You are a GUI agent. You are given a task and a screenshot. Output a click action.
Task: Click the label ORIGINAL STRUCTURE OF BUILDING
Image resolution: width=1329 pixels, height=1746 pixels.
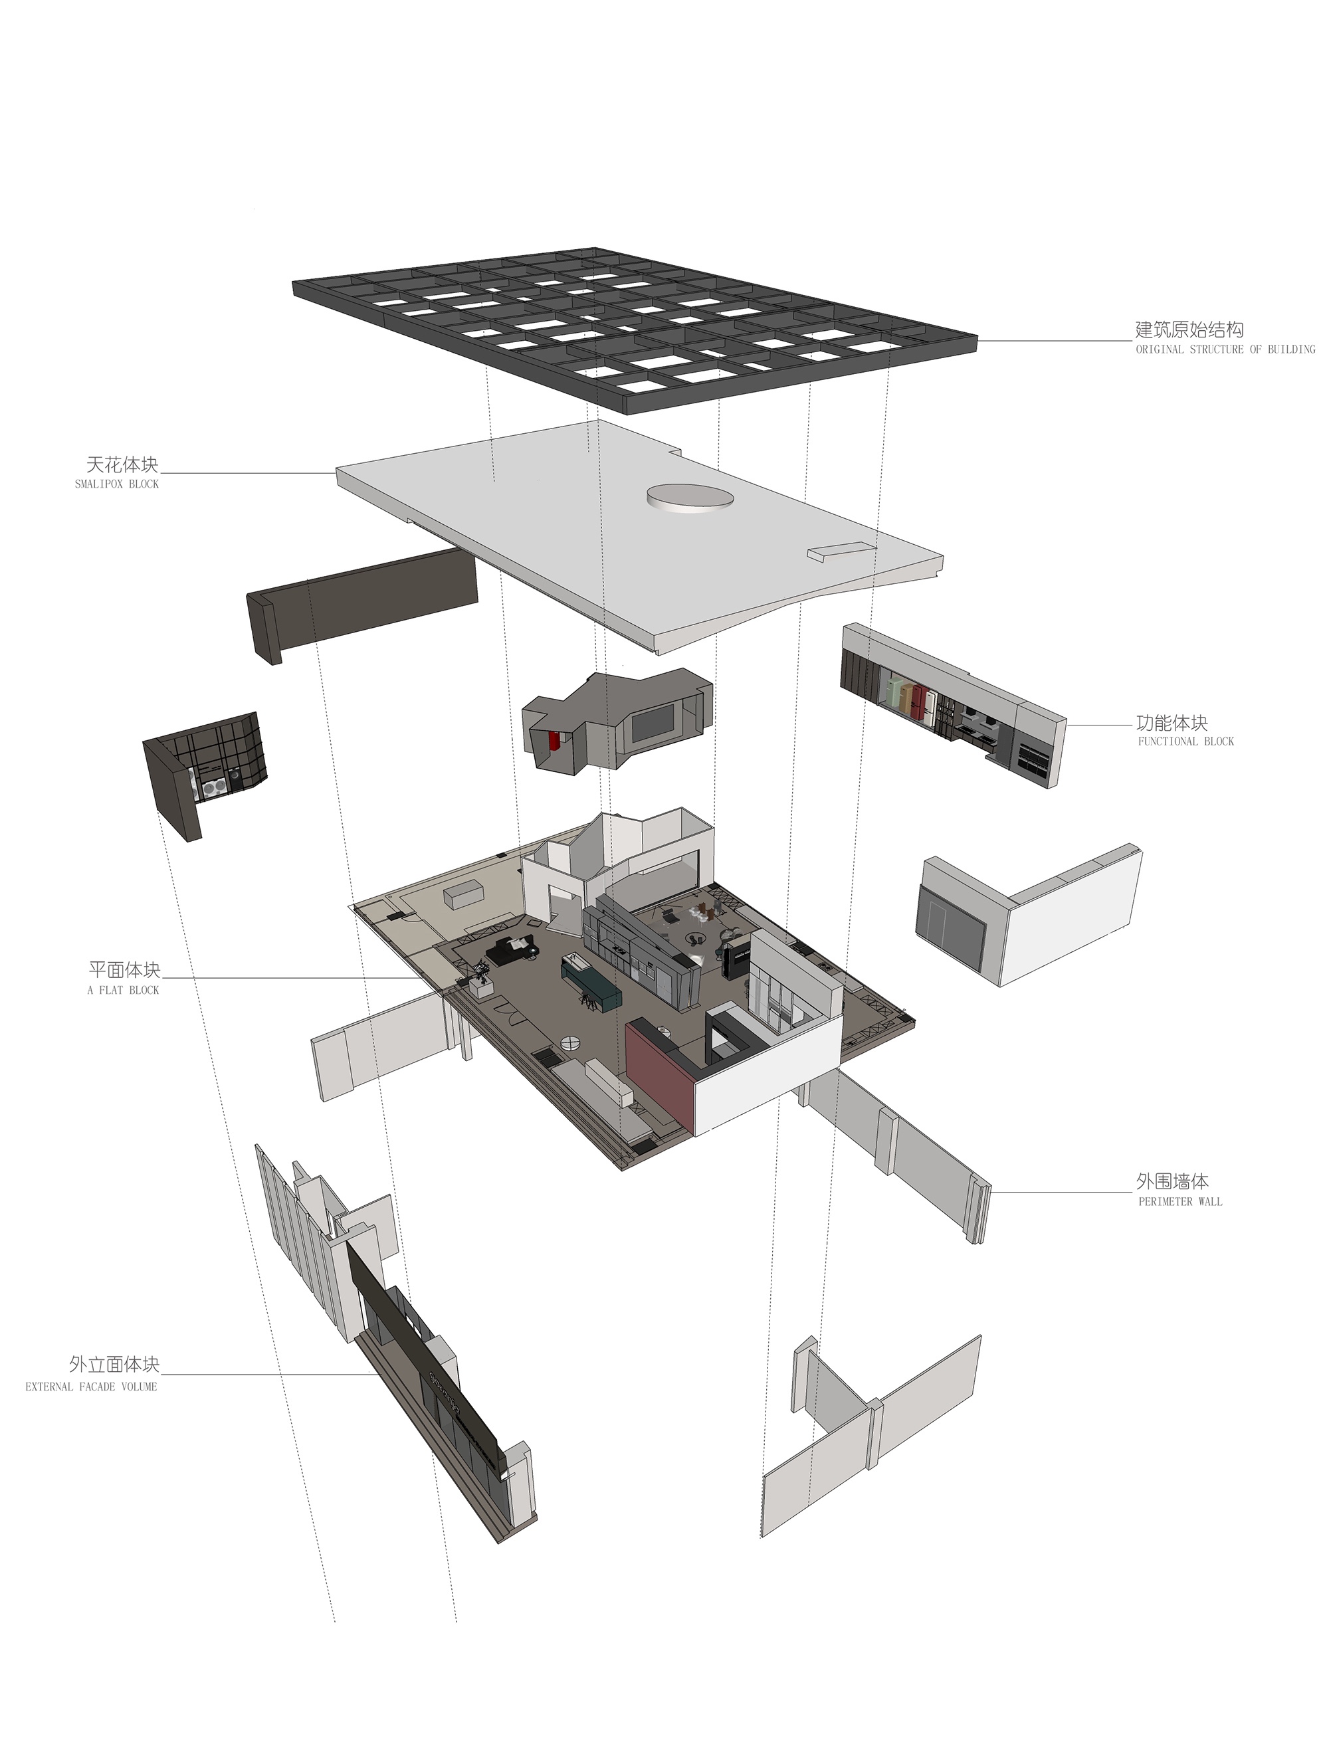[x=1225, y=349]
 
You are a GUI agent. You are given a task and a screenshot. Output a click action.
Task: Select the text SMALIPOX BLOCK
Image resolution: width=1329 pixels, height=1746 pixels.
[x=116, y=484]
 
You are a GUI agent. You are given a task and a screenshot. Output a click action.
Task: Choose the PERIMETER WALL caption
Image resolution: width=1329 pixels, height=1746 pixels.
[x=1179, y=1201]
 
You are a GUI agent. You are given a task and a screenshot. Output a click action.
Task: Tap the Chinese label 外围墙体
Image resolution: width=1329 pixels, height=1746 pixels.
[x=1172, y=1181]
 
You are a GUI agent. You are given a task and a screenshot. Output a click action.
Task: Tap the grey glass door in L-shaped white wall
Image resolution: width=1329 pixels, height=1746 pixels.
[x=950, y=923]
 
